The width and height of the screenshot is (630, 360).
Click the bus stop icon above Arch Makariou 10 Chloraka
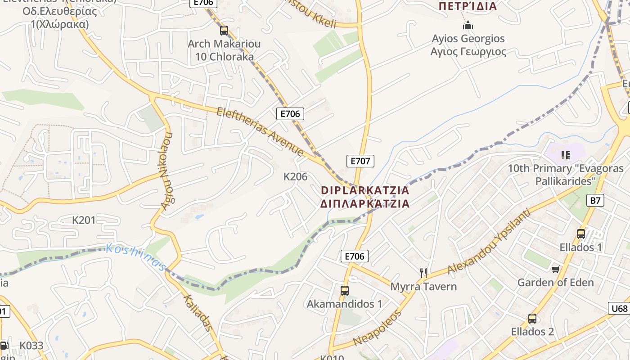click(x=224, y=31)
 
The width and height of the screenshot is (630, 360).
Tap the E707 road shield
click(x=360, y=161)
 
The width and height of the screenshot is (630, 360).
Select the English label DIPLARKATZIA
click(x=365, y=190)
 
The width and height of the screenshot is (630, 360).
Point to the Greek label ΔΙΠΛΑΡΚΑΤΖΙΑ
click(x=365, y=204)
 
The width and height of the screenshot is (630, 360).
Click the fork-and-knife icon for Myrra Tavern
click(x=423, y=273)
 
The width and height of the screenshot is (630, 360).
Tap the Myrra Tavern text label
click(x=423, y=287)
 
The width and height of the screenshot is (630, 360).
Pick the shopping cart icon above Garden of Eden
click(x=555, y=269)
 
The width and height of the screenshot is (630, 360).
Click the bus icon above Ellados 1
click(x=580, y=234)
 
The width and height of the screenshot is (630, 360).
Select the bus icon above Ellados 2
click(x=532, y=319)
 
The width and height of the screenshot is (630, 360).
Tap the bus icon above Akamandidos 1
click(x=344, y=291)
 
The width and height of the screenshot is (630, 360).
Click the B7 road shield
click(x=595, y=200)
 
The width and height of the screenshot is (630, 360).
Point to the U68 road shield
click(x=619, y=309)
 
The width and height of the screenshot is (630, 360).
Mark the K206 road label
click(x=295, y=177)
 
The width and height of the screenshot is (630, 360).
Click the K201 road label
click(x=84, y=220)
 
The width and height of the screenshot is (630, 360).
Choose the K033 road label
click(x=31, y=346)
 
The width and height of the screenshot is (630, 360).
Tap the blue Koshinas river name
click(x=135, y=257)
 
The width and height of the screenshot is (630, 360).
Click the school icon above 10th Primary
click(x=566, y=155)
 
